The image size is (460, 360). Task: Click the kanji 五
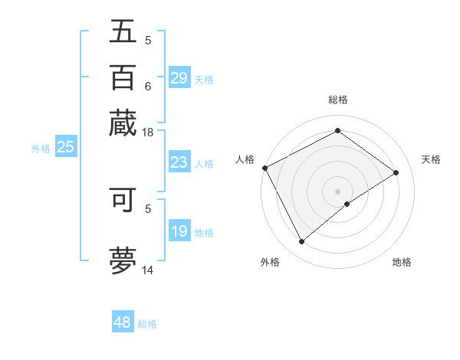pos(123,31)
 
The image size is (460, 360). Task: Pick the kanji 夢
pos(123,260)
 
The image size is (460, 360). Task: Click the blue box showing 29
pos(179,78)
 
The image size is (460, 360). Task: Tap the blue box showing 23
pos(179,162)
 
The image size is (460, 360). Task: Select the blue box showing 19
pos(179,232)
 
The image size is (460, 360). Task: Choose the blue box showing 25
pos(65,148)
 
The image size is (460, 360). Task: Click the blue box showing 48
pos(123,322)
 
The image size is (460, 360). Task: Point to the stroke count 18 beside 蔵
pos(148,133)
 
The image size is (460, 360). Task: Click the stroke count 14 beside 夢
pos(148,270)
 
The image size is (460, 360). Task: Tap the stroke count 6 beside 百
pos(148,87)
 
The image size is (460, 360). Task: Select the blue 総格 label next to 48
pos(147,324)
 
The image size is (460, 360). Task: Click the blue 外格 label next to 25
pos(41,149)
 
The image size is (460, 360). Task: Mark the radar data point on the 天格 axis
pos(396,172)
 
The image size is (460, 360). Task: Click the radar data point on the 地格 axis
pos(347,204)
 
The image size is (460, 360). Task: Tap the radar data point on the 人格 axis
pos(264,168)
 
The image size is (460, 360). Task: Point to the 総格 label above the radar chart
pos(337,100)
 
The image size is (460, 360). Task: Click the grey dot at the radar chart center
pos(337,191)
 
